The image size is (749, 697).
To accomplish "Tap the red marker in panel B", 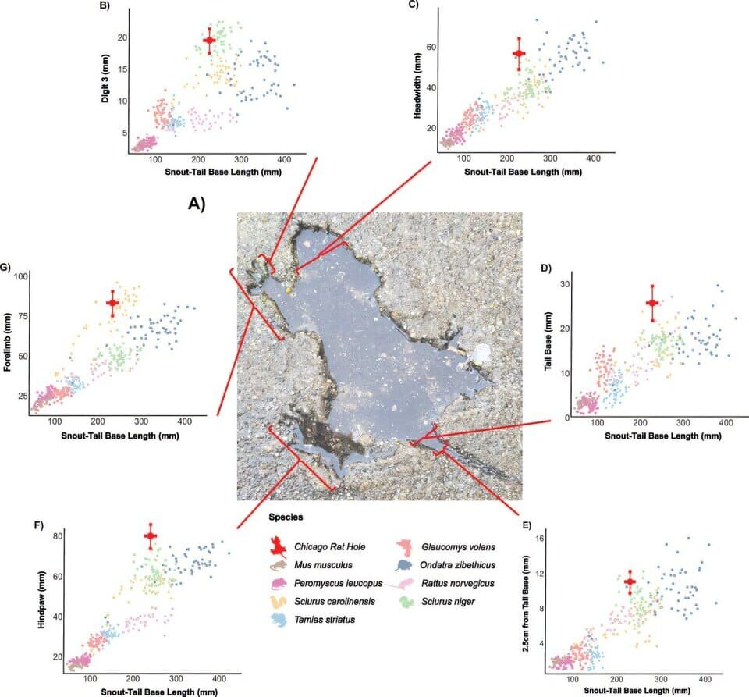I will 208,41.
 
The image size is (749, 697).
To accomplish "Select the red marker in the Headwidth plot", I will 519,53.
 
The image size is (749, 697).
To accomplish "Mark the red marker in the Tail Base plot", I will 652,303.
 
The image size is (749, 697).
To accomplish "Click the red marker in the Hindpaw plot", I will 151,535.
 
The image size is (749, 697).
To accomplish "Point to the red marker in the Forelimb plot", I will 112,302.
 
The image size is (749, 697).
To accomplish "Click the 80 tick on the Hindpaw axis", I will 56,536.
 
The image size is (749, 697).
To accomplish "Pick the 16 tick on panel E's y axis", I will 569,539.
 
